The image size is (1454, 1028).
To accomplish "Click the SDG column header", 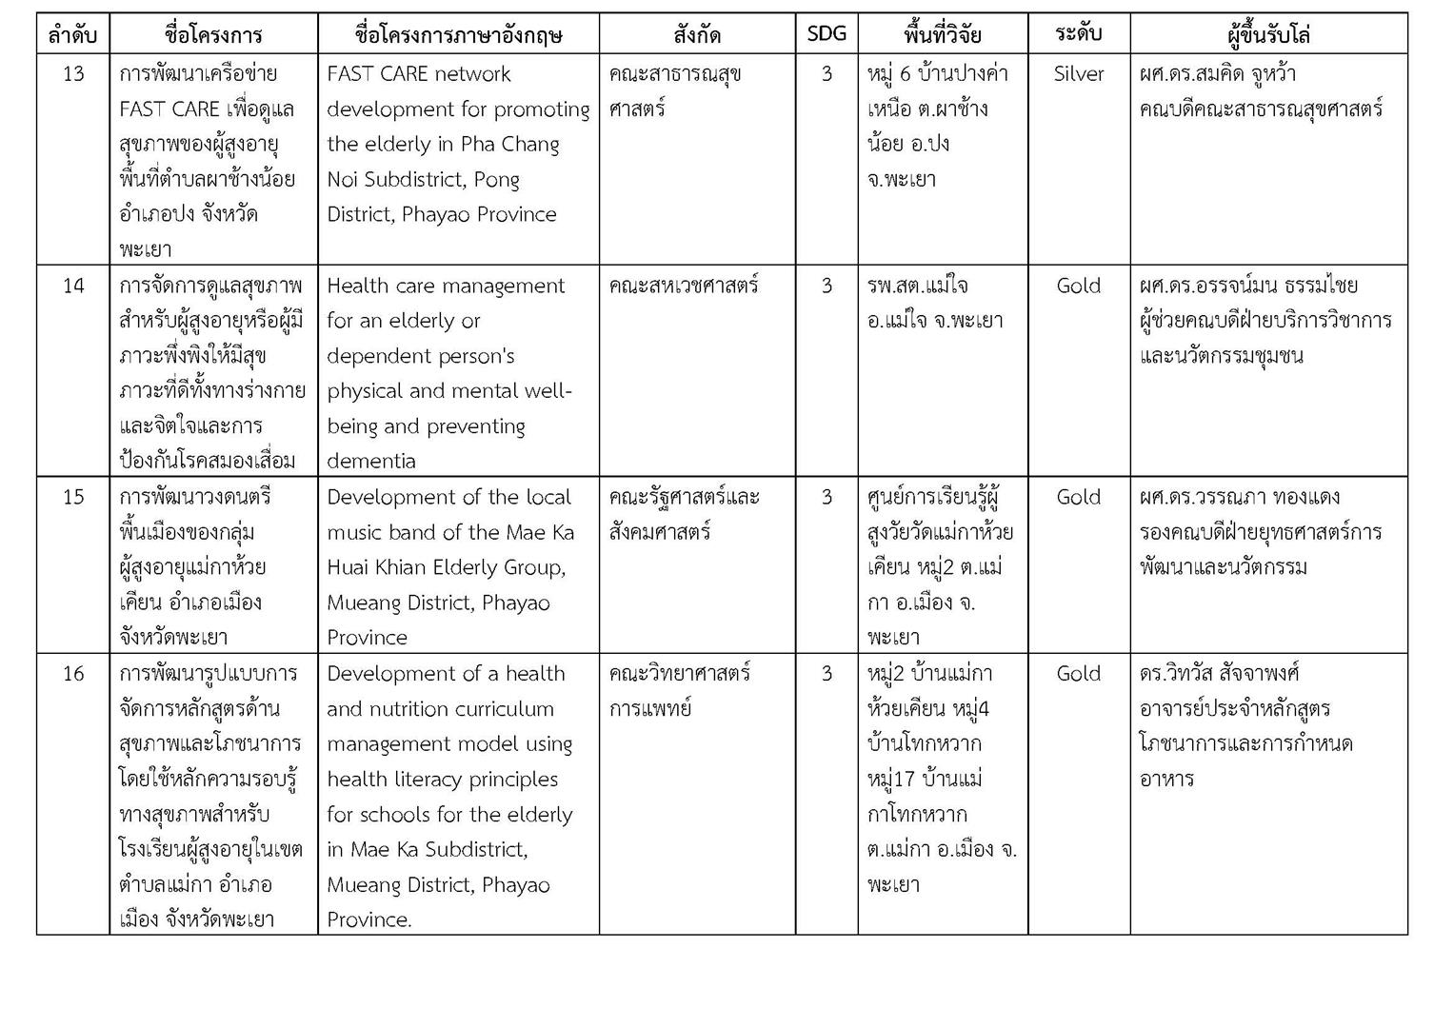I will click(x=826, y=34).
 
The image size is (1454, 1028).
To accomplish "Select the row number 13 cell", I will click(x=73, y=74).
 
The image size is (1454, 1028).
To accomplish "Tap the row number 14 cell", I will click(x=73, y=286).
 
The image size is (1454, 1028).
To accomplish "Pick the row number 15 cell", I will click(x=73, y=497).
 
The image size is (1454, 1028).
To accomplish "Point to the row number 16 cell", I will click(x=73, y=674).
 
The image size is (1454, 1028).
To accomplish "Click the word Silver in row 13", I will click(x=1078, y=74).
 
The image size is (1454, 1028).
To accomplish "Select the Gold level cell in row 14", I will click(x=1078, y=286).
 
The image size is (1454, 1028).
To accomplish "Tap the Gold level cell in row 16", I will click(x=1078, y=674).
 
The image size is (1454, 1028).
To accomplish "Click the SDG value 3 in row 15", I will click(x=826, y=497).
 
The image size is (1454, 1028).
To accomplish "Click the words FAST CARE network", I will click(x=419, y=74).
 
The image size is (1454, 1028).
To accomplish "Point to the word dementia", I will click(x=371, y=462).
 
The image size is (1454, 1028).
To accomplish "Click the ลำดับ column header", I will click(x=73, y=35).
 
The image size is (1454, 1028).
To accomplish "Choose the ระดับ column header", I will click(x=1078, y=34).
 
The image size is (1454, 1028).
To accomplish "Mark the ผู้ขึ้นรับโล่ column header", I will click(x=1267, y=35).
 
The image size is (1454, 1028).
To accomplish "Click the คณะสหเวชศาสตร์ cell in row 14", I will click(x=684, y=286).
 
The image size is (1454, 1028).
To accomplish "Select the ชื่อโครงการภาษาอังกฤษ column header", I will click(x=458, y=35).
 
